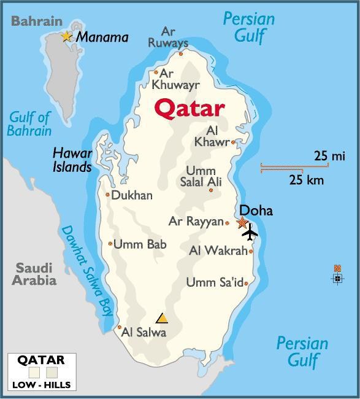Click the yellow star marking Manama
point(67,37)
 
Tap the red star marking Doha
point(243,223)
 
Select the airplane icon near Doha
point(250,233)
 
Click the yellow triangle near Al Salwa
point(162,318)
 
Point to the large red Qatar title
point(189,109)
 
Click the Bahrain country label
point(37,21)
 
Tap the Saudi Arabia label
point(34,274)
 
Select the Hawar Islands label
point(72,160)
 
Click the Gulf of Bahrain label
point(30,123)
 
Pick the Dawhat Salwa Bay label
point(86,270)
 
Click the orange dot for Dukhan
point(108,195)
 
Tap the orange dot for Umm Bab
point(110,244)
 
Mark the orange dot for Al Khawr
point(233,142)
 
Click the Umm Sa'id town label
point(214,282)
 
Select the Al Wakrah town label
point(218,250)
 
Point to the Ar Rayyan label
point(196,222)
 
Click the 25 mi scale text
point(329,156)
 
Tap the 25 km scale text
point(307,180)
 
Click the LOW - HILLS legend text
point(41,385)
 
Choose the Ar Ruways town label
point(168,37)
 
